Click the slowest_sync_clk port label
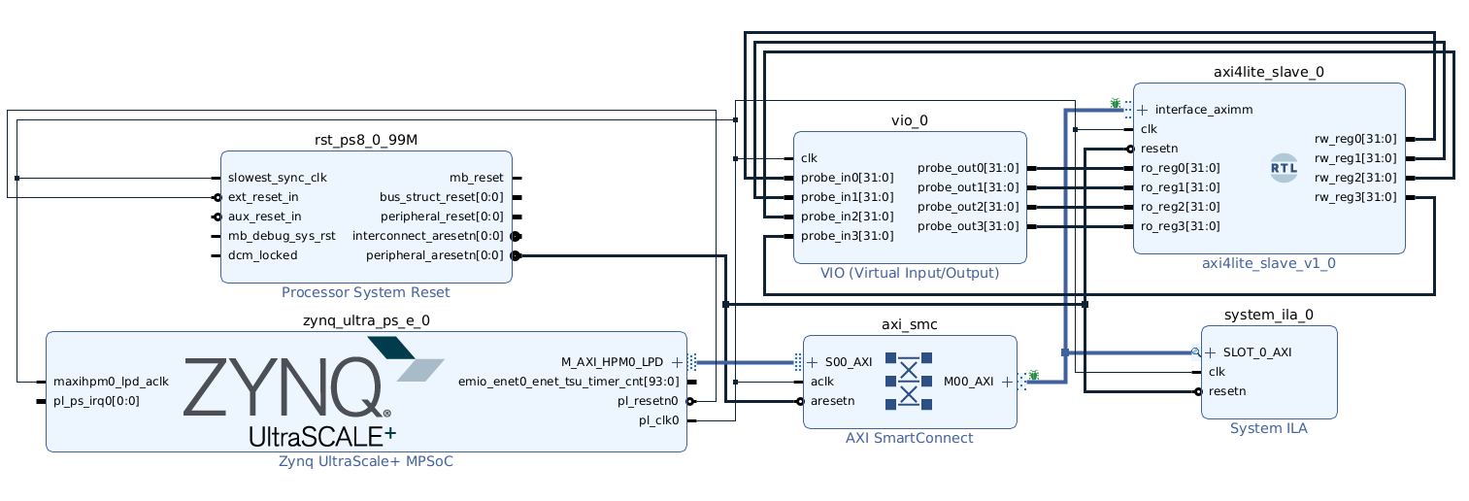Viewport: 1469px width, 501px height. coord(277,178)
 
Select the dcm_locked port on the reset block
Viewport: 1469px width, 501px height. coord(262,255)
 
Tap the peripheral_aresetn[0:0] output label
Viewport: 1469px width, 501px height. coord(434,255)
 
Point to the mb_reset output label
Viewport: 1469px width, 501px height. coord(476,178)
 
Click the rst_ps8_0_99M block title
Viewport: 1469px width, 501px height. coord(366,140)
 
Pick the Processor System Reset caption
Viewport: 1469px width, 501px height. coord(365,292)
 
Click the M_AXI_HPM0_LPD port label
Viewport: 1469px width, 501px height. coord(612,362)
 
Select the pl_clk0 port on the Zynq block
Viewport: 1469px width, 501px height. coord(658,420)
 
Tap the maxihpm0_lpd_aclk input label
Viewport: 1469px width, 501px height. coord(111,382)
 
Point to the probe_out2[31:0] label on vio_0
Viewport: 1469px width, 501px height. coord(968,207)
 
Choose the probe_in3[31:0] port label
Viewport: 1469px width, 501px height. coord(847,236)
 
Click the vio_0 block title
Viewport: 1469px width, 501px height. coord(909,120)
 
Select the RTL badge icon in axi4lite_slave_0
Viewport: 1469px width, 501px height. coord(1284,168)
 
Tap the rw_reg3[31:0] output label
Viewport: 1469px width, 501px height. coord(1355,197)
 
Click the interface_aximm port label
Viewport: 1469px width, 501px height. coord(1203,110)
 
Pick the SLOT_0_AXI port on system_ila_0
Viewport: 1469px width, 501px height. coord(1256,352)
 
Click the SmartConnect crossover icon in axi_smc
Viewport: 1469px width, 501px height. coord(909,381)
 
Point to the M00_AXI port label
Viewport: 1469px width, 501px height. coord(968,382)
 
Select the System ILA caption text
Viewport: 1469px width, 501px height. coord(1268,428)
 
